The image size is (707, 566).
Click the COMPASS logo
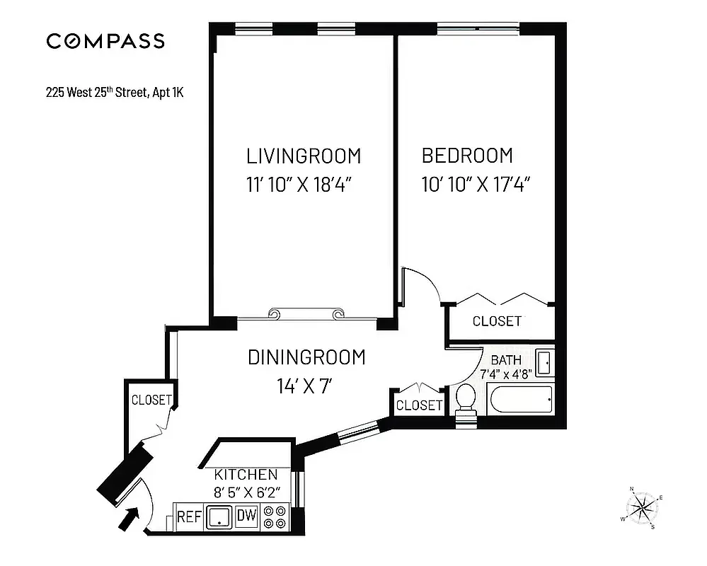pos(105,41)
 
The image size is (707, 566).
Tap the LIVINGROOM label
pos(303,156)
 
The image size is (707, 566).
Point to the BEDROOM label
pos(467,156)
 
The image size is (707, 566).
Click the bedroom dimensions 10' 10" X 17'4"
pos(476,185)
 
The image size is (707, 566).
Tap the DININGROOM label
pos(306,357)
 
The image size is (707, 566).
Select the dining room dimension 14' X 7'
pos(305,386)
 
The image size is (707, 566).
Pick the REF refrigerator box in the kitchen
pos(188,516)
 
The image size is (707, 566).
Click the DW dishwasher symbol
pos(246,516)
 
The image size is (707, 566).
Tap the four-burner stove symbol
pos(275,517)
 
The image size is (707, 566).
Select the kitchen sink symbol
pos(219,517)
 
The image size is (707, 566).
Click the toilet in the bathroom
pos(466,400)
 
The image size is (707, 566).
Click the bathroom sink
pos(544,363)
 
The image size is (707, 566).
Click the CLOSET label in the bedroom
pos(497,321)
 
